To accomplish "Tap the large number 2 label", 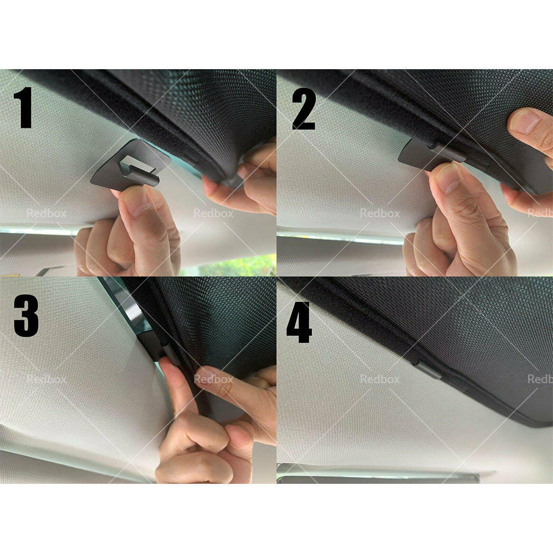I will [x=303, y=108].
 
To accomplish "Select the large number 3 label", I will [x=26, y=316].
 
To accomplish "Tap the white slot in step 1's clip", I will [x=134, y=163].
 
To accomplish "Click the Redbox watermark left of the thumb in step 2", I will [x=380, y=213].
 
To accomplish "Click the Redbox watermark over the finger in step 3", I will [x=213, y=379].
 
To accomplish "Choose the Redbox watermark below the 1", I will [x=46, y=213].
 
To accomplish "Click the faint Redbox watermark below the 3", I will [x=46, y=379].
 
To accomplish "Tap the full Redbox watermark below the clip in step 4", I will [x=380, y=379].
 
